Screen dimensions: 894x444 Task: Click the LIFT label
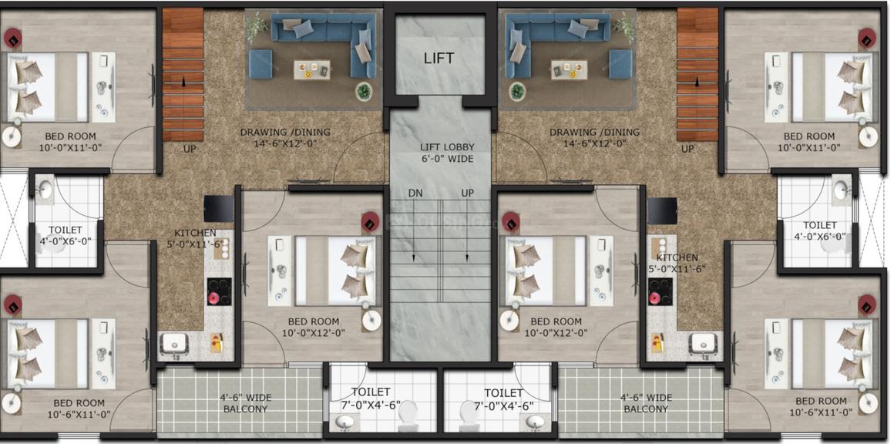[x=439, y=58]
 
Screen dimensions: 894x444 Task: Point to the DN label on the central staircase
[x=415, y=193]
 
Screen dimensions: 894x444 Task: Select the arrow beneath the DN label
[x=413, y=230]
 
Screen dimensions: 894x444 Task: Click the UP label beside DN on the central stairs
[x=468, y=193]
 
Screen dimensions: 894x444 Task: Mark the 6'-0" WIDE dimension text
[x=446, y=159]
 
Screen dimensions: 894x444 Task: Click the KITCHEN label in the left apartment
[x=195, y=233]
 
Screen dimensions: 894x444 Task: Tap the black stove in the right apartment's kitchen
[x=660, y=292]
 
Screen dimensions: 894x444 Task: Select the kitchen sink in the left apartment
[x=173, y=345]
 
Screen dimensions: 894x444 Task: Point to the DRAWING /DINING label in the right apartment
[x=594, y=133]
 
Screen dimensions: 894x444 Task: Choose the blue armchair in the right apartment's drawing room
[x=620, y=63]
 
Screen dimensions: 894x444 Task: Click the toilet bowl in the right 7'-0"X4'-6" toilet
[x=468, y=418]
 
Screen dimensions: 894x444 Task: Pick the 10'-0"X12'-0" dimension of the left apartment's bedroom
[x=313, y=333]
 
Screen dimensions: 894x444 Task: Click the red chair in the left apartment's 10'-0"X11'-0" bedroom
[x=12, y=39]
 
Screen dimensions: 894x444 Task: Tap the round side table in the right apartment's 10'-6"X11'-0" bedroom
[x=868, y=404]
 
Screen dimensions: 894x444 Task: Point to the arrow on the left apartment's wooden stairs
[x=183, y=82]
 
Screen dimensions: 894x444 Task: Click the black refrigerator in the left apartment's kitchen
[x=218, y=209]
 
